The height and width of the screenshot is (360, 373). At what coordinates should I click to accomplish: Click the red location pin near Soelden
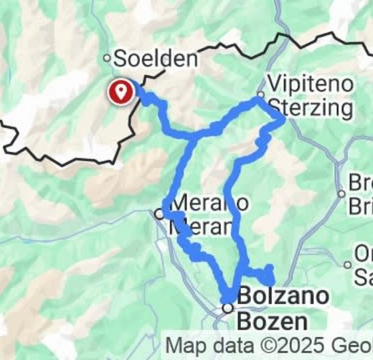click(121, 90)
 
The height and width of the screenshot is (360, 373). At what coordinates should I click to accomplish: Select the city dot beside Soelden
click(106, 59)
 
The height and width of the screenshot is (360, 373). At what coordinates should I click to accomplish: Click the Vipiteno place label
click(310, 83)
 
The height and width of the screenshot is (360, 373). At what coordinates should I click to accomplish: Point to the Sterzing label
click(310, 108)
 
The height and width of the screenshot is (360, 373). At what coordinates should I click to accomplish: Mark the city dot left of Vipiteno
click(261, 94)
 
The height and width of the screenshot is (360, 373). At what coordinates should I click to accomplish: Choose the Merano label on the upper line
click(202, 202)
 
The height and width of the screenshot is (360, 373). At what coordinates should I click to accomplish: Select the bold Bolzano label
click(284, 295)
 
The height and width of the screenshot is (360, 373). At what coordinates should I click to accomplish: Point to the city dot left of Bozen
click(228, 308)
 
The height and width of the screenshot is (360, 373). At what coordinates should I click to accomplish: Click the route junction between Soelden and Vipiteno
click(196, 135)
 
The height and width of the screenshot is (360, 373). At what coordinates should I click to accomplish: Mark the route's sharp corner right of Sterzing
click(283, 119)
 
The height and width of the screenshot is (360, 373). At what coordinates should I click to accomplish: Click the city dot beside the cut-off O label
click(348, 264)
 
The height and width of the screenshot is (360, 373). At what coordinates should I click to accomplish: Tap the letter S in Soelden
click(122, 58)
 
